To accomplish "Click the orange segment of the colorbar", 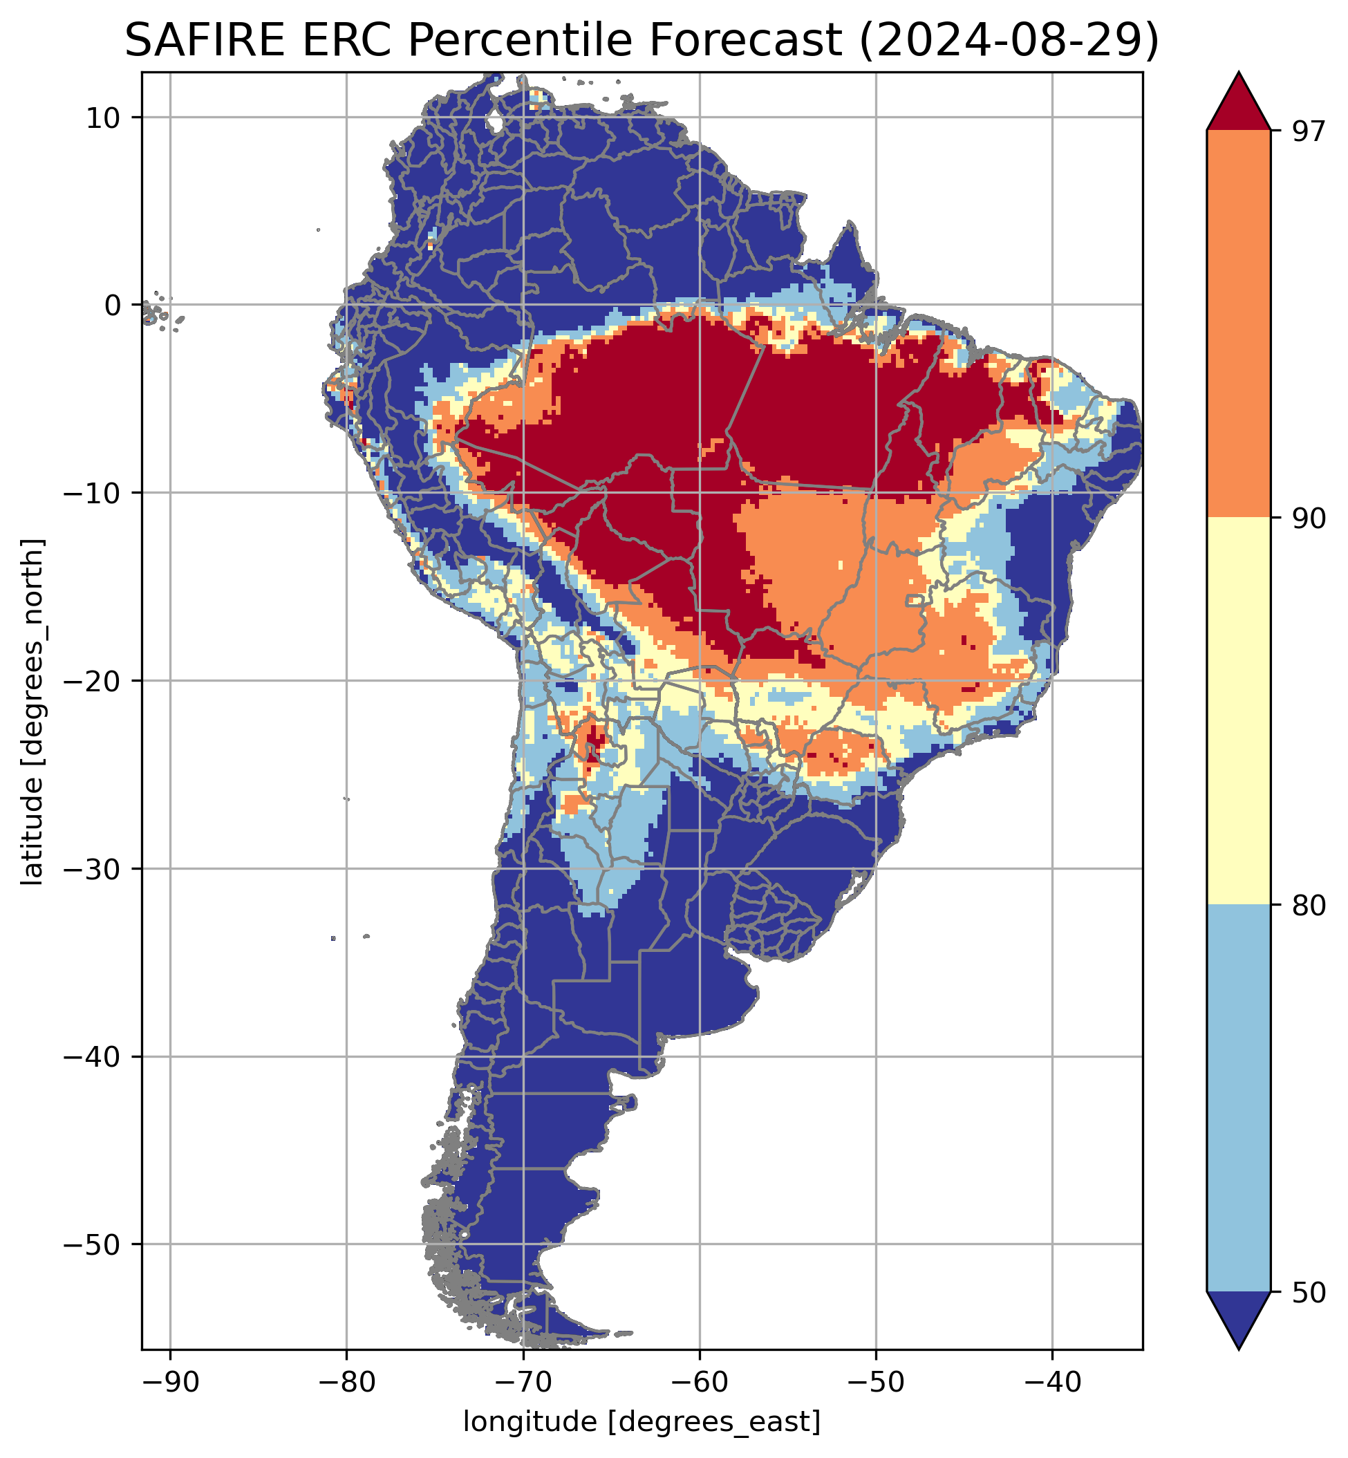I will coord(1239,324).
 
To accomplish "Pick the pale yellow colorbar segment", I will coord(1239,711).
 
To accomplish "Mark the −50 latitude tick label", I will coord(93,1244).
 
